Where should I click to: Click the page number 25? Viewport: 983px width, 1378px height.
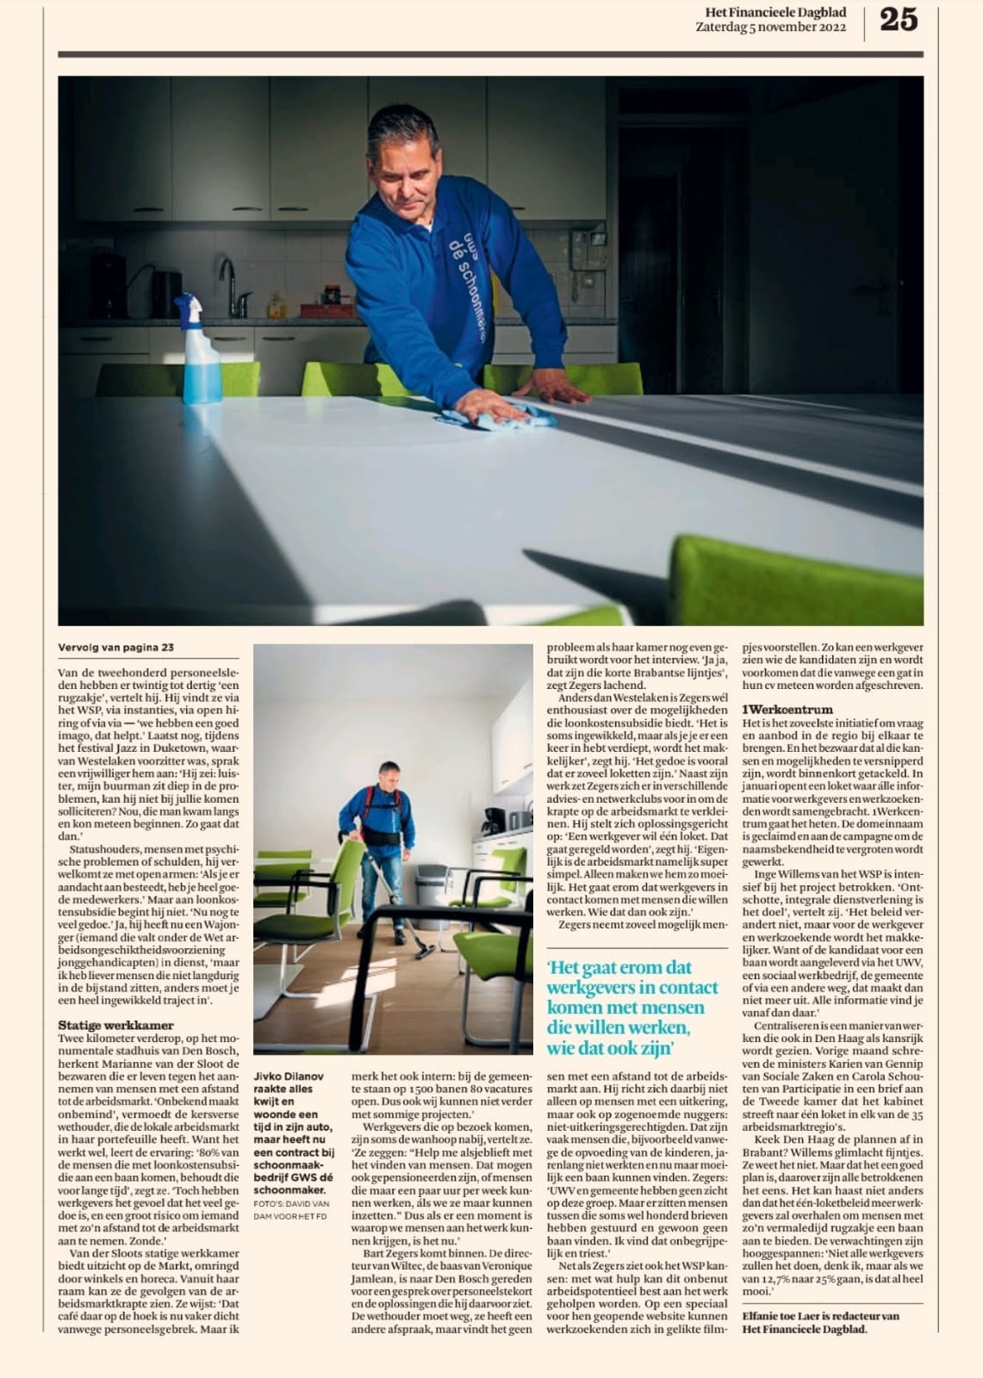click(898, 19)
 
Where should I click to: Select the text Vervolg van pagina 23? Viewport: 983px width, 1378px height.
click(115, 648)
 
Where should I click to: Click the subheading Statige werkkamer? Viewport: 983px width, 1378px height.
click(115, 1025)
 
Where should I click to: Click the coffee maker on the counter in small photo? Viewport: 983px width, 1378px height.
click(494, 822)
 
